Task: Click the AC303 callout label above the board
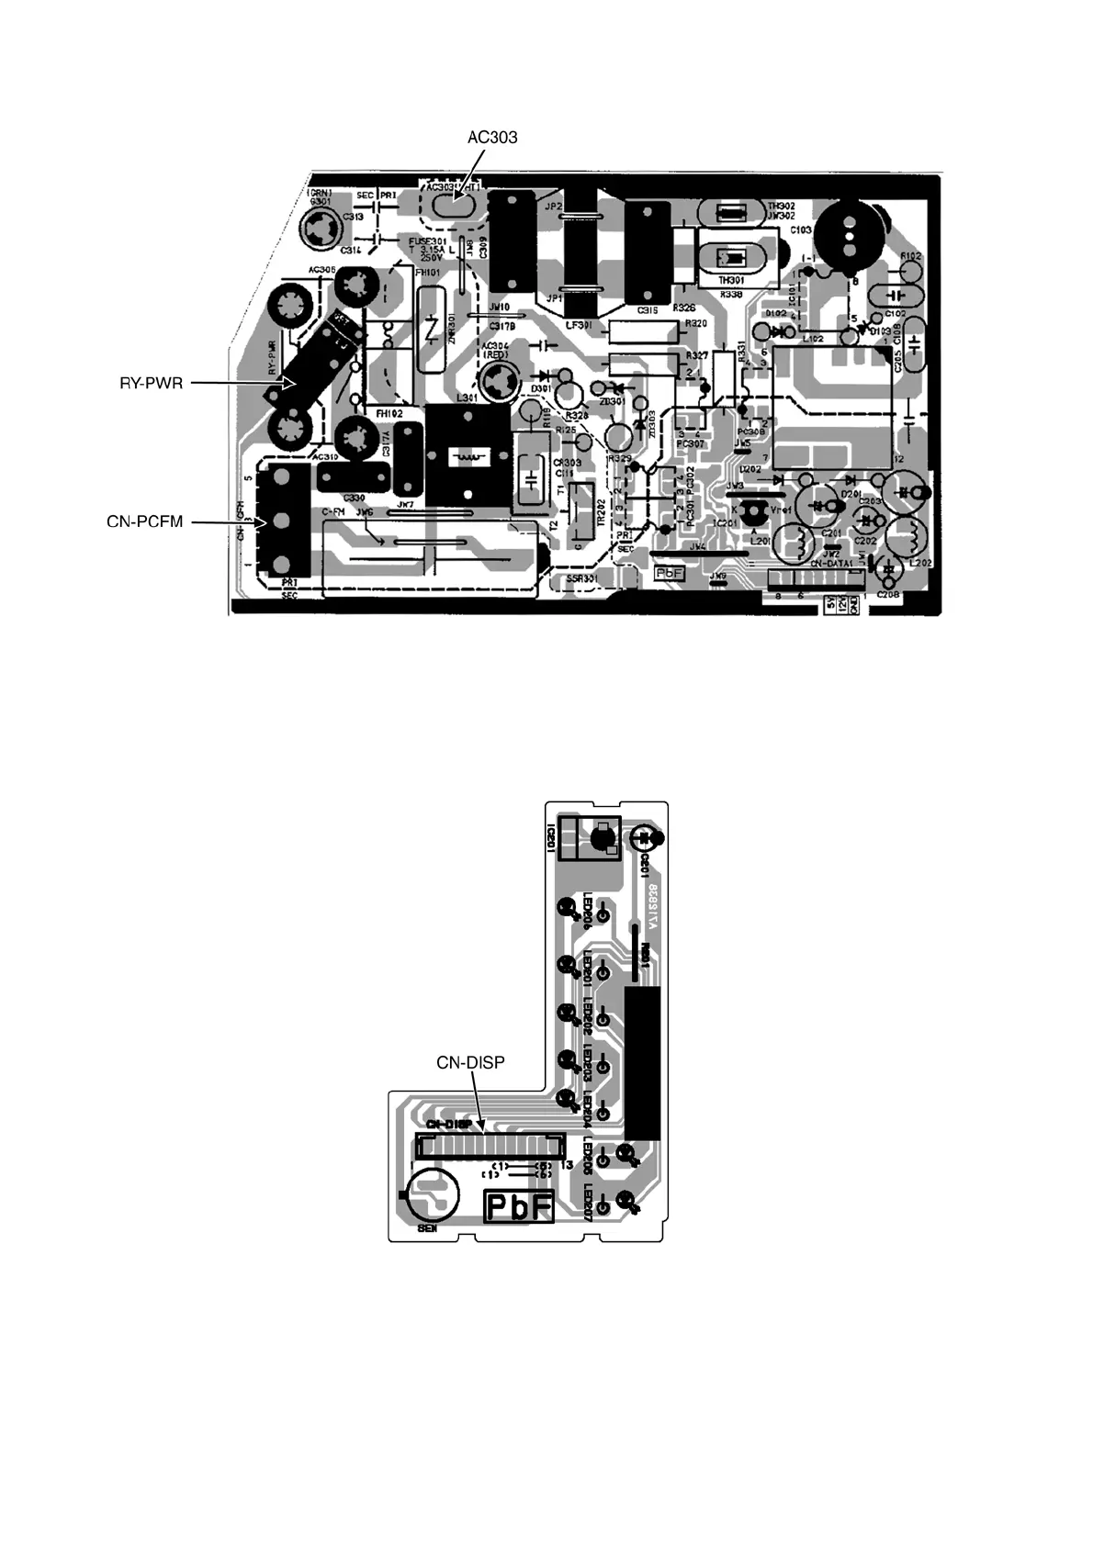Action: click(x=492, y=138)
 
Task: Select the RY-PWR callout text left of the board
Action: click(x=151, y=383)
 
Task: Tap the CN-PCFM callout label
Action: click(x=145, y=522)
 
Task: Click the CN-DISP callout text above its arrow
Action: click(x=470, y=1062)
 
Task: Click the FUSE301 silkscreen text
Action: click(x=427, y=241)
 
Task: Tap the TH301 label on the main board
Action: click(x=731, y=280)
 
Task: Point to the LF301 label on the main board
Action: click(x=580, y=323)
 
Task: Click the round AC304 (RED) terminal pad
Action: click(x=501, y=379)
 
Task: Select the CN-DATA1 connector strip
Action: click(x=816, y=580)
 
